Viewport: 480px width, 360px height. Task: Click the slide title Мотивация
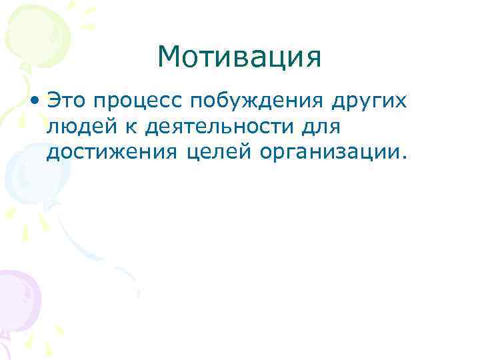[x=239, y=58]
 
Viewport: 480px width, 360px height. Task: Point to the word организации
[x=328, y=153]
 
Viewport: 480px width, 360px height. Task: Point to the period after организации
[x=401, y=159]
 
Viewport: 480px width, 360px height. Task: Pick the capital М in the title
[x=169, y=59]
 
